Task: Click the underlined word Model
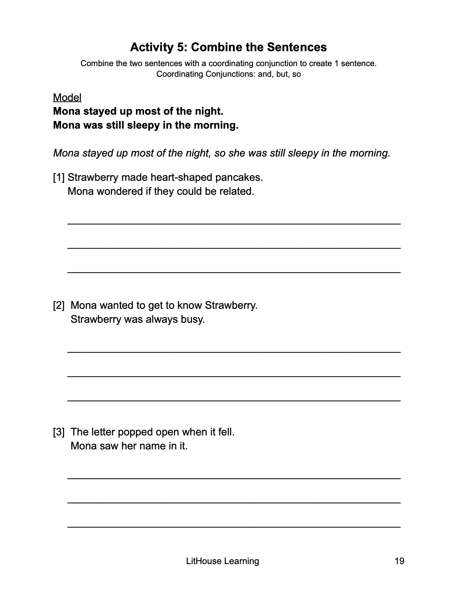[67, 97]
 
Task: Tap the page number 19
[399, 561]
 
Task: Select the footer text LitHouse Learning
[223, 561]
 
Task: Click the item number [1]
[59, 178]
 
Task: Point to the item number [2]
[59, 305]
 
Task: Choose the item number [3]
[59, 432]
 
